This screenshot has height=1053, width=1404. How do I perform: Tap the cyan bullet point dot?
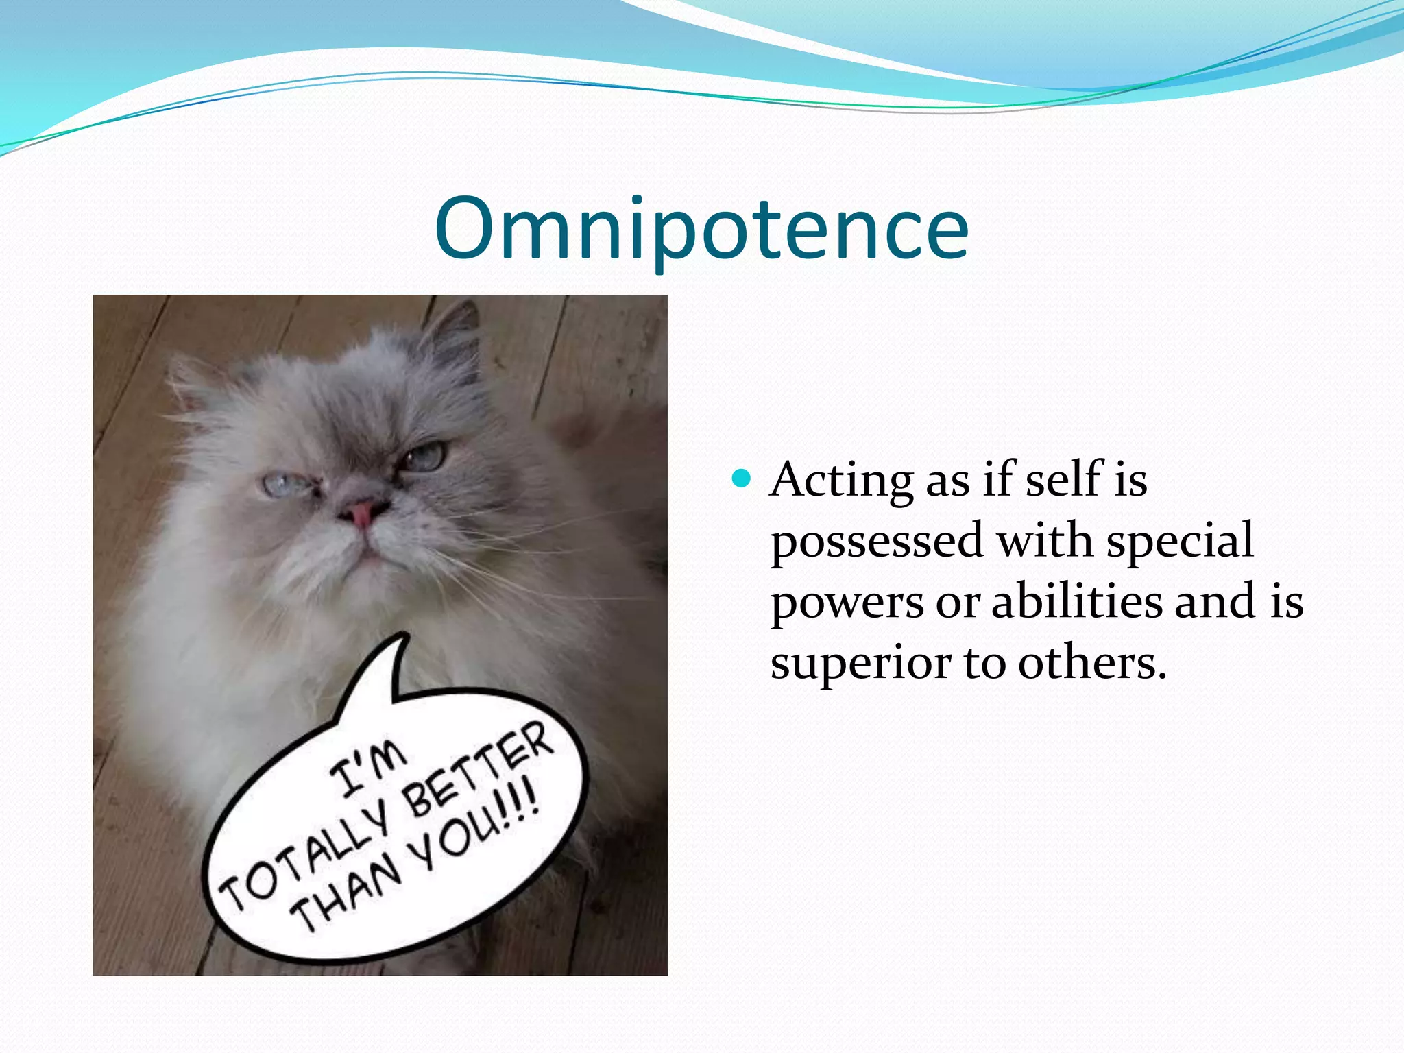[x=741, y=478]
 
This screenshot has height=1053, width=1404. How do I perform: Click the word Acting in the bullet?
[x=842, y=480]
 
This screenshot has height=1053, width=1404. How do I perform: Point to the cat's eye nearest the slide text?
[x=424, y=455]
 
